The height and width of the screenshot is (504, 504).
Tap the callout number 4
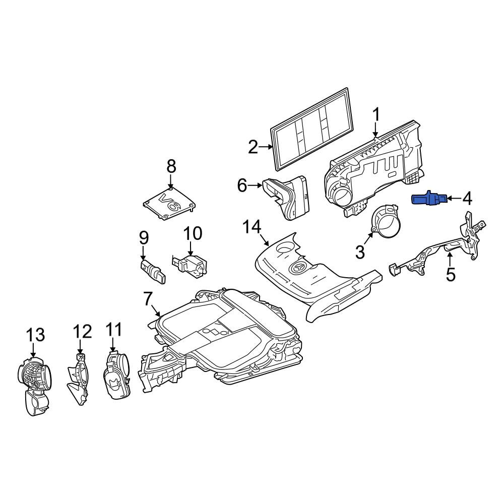[467, 198]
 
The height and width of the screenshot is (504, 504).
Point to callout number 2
[254, 148]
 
